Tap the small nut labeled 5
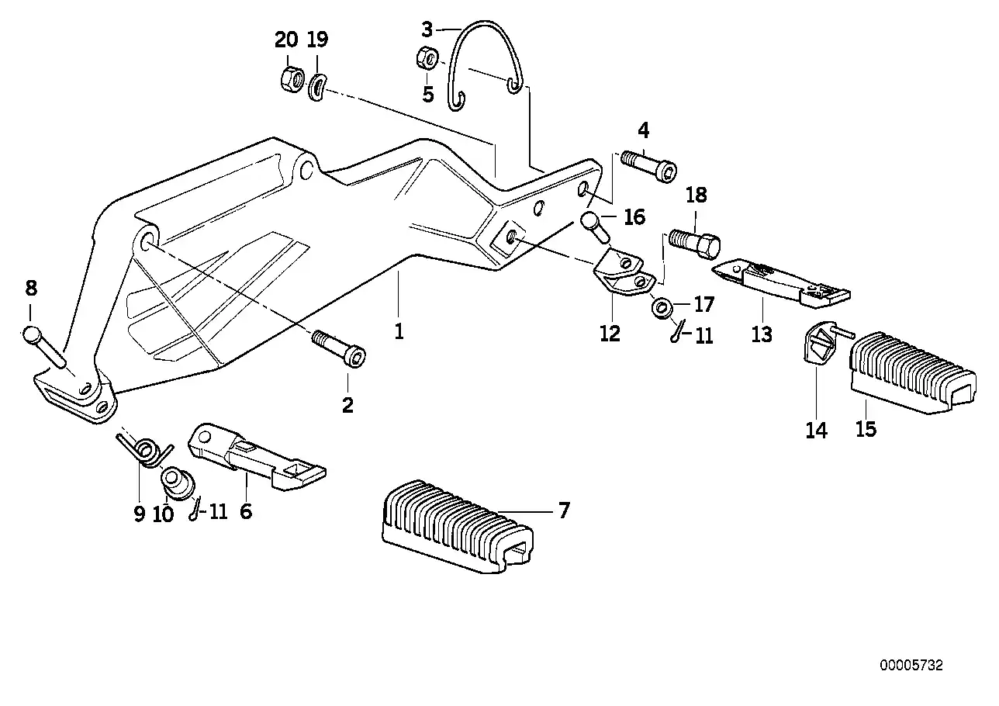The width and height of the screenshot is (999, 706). tap(426, 59)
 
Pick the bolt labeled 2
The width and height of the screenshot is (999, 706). tap(339, 348)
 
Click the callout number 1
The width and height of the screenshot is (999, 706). tap(399, 332)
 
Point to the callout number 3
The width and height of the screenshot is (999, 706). tap(427, 30)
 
